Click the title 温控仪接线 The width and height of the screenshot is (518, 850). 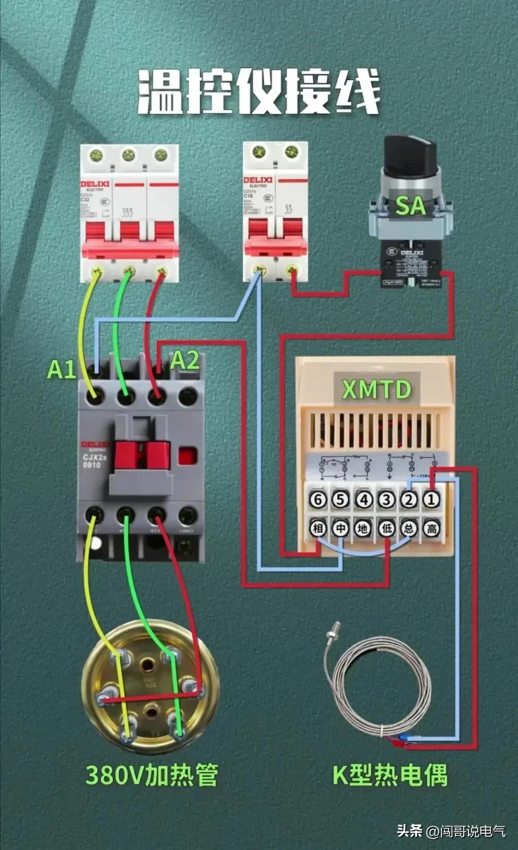pyautogui.click(x=259, y=91)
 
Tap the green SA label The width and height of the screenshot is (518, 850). pyautogui.click(x=411, y=206)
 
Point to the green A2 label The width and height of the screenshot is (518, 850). pyautogui.click(x=185, y=360)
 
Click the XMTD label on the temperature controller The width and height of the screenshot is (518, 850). pyautogui.click(x=377, y=389)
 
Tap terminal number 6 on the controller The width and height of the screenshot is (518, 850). pyautogui.click(x=318, y=500)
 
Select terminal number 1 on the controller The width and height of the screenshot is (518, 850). pyautogui.click(x=431, y=500)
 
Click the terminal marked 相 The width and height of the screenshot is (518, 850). pyautogui.click(x=318, y=529)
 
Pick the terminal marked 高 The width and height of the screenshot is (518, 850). pyautogui.click(x=431, y=529)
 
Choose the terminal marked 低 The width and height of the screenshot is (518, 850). pyautogui.click(x=386, y=529)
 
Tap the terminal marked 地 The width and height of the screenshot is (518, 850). pyautogui.click(x=363, y=529)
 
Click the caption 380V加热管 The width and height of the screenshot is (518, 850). pyautogui.click(x=152, y=775)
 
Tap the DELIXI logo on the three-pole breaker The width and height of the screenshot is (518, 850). pyautogui.click(x=94, y=184)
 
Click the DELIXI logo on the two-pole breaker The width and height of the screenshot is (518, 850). pyautogui.click(x=258, y=180)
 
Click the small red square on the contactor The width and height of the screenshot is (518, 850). pyautogui.click(x=188, y=456)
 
